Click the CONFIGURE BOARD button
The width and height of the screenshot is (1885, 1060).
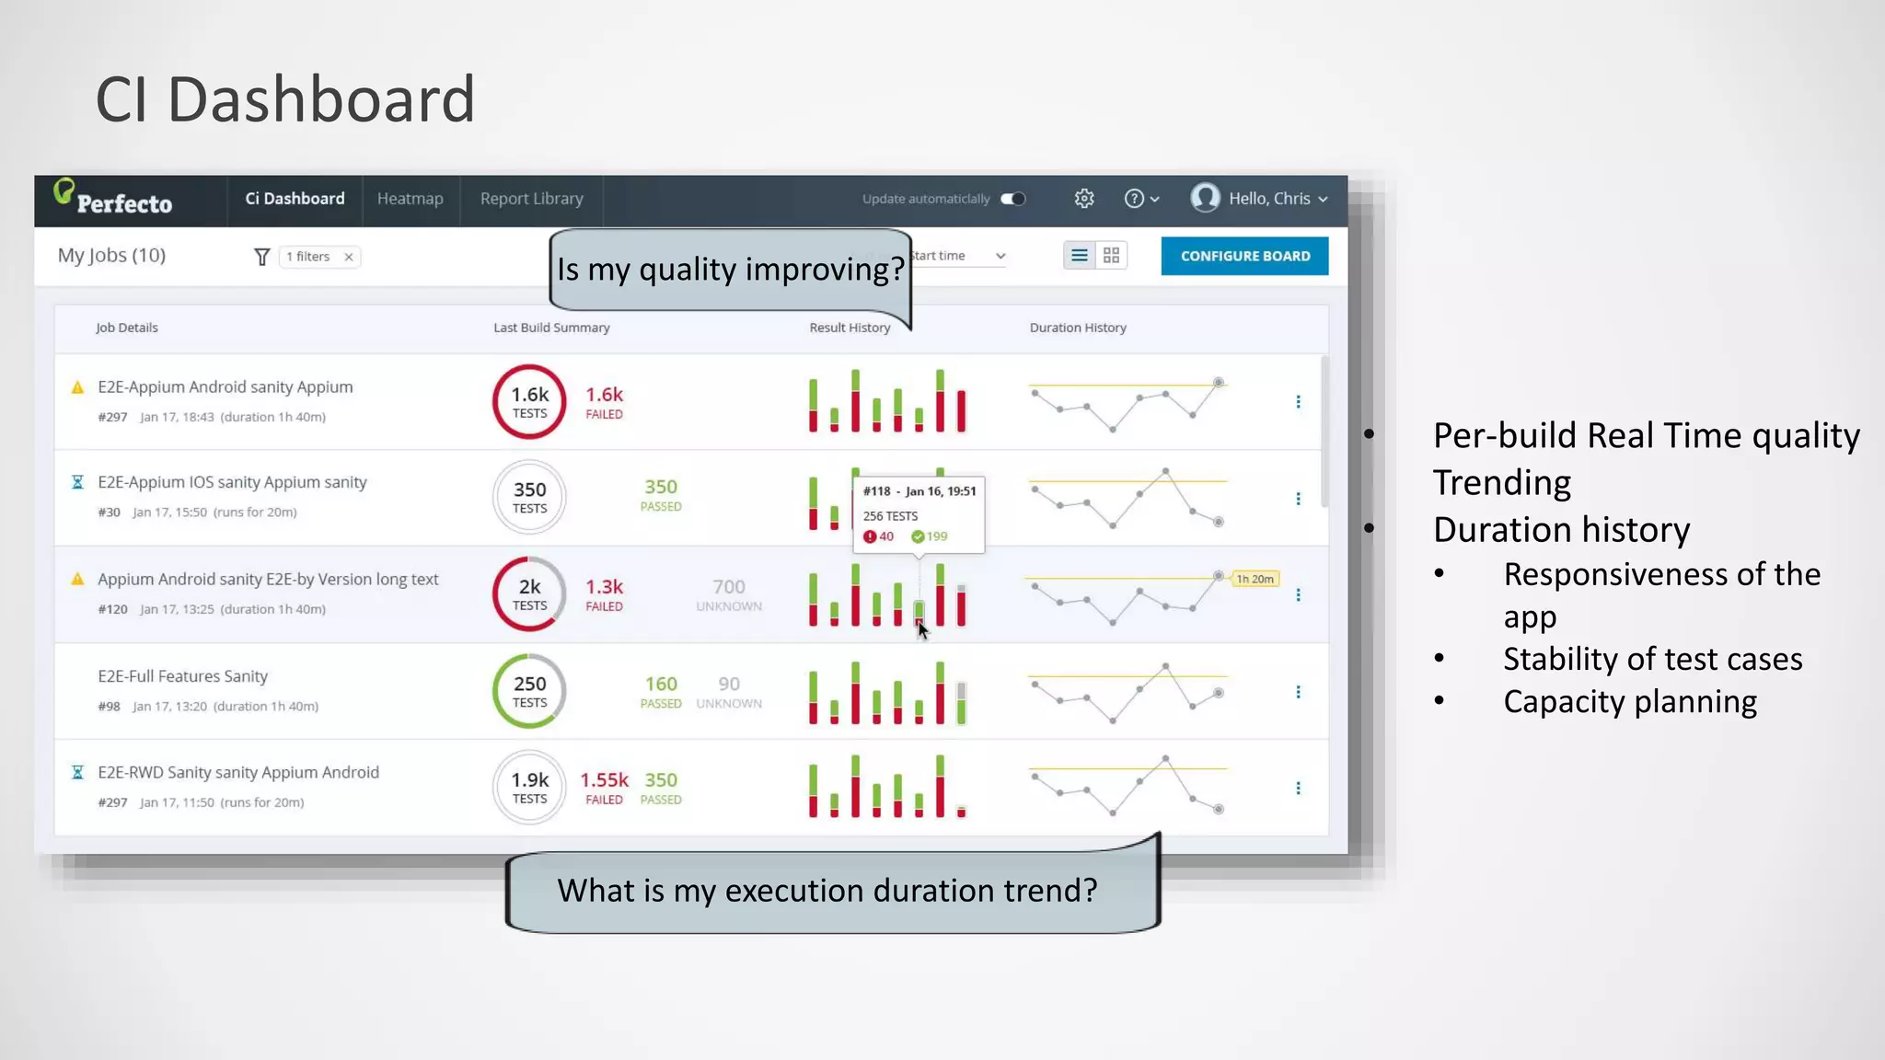1244,256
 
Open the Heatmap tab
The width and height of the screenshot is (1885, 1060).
410,199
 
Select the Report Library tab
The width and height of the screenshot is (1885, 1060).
531,199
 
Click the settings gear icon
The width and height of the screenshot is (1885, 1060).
1084,199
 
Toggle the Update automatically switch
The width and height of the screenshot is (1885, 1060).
1012,199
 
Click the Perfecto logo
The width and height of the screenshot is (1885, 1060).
113,198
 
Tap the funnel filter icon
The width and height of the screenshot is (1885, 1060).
261,257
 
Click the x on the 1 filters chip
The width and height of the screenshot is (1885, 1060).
349,257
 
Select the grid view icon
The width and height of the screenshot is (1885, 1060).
1111,256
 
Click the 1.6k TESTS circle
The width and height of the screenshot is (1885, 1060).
529,402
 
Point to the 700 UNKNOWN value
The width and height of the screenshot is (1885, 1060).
728,593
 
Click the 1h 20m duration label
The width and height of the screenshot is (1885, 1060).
1255,579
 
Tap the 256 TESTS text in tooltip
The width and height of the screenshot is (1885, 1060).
890,516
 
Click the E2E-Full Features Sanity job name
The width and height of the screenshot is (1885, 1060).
182,676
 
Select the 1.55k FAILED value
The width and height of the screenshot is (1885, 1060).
604,787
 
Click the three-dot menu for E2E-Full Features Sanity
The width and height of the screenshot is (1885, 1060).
1298,692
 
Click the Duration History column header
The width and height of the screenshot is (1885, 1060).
1077,328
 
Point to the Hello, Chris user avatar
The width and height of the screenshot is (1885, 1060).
1205,198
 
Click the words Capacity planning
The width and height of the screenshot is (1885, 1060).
1629,702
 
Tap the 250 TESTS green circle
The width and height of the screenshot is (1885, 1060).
529,691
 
